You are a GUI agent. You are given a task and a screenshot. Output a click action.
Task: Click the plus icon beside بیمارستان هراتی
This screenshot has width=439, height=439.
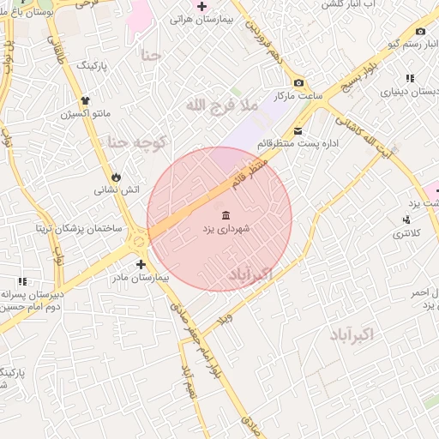coord(201,7)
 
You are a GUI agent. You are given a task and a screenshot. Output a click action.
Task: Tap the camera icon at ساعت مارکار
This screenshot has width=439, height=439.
coord(298,83)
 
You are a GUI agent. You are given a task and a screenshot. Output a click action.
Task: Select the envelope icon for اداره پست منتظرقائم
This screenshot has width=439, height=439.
coord(298,131)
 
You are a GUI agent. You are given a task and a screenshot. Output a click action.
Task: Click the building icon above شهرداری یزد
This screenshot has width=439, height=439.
coord(226,214)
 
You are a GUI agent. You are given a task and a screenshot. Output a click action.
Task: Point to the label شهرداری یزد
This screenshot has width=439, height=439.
coord(226,230)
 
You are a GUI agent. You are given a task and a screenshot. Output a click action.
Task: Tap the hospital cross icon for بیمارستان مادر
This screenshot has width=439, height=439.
coord(141,264)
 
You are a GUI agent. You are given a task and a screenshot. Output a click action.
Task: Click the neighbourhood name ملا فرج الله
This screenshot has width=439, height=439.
coord(220,105)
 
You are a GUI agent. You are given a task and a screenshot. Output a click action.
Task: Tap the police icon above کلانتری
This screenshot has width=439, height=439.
coord(406,220)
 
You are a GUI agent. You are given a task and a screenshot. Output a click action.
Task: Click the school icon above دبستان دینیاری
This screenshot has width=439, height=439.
coord(409,78)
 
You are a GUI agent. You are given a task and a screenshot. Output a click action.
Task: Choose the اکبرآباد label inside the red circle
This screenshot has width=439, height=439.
coord(250,274)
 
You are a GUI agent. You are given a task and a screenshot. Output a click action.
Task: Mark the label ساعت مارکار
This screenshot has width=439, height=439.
coord(297,97)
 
